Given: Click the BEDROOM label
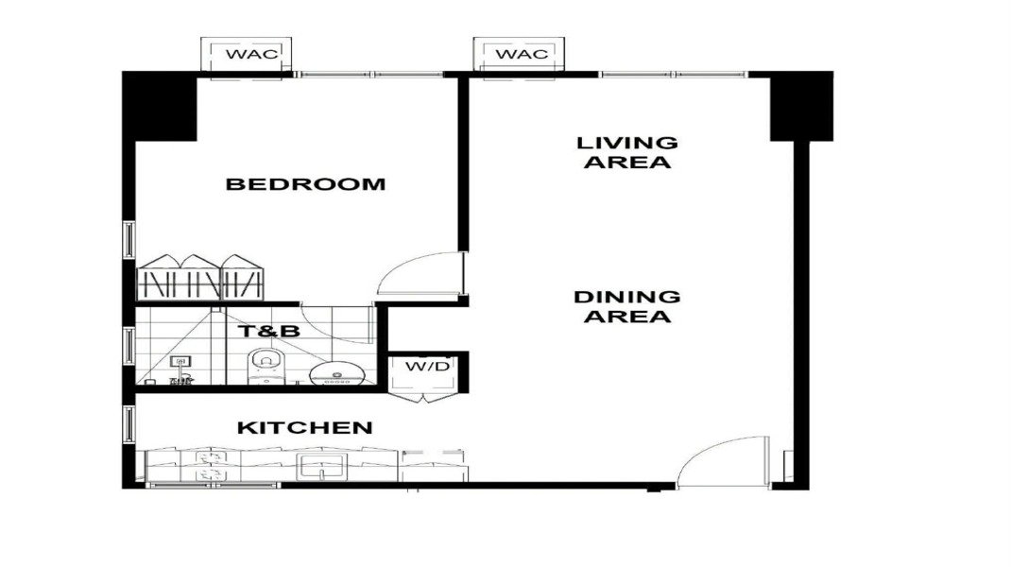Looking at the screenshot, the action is (x=305, y=184).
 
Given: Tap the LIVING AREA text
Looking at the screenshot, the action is (x=627, y=152).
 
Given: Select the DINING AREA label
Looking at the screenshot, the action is (x=627, y=306).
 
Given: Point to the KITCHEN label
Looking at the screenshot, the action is (x=305, y=428).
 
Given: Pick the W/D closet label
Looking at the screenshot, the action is (x=427, y=367).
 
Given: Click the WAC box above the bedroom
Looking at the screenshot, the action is (x=247, y=54).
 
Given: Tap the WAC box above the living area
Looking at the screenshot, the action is (x=519, y=54).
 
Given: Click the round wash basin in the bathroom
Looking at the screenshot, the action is (x=337, y=373).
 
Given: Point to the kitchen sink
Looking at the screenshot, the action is (x=322, y=466).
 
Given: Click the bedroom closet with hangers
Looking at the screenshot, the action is (x=200, y=278).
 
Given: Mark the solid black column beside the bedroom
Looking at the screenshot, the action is (x=160, y=107).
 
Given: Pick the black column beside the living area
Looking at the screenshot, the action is (x=801, y=107).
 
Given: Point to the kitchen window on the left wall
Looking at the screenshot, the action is (x=129, y=423).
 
